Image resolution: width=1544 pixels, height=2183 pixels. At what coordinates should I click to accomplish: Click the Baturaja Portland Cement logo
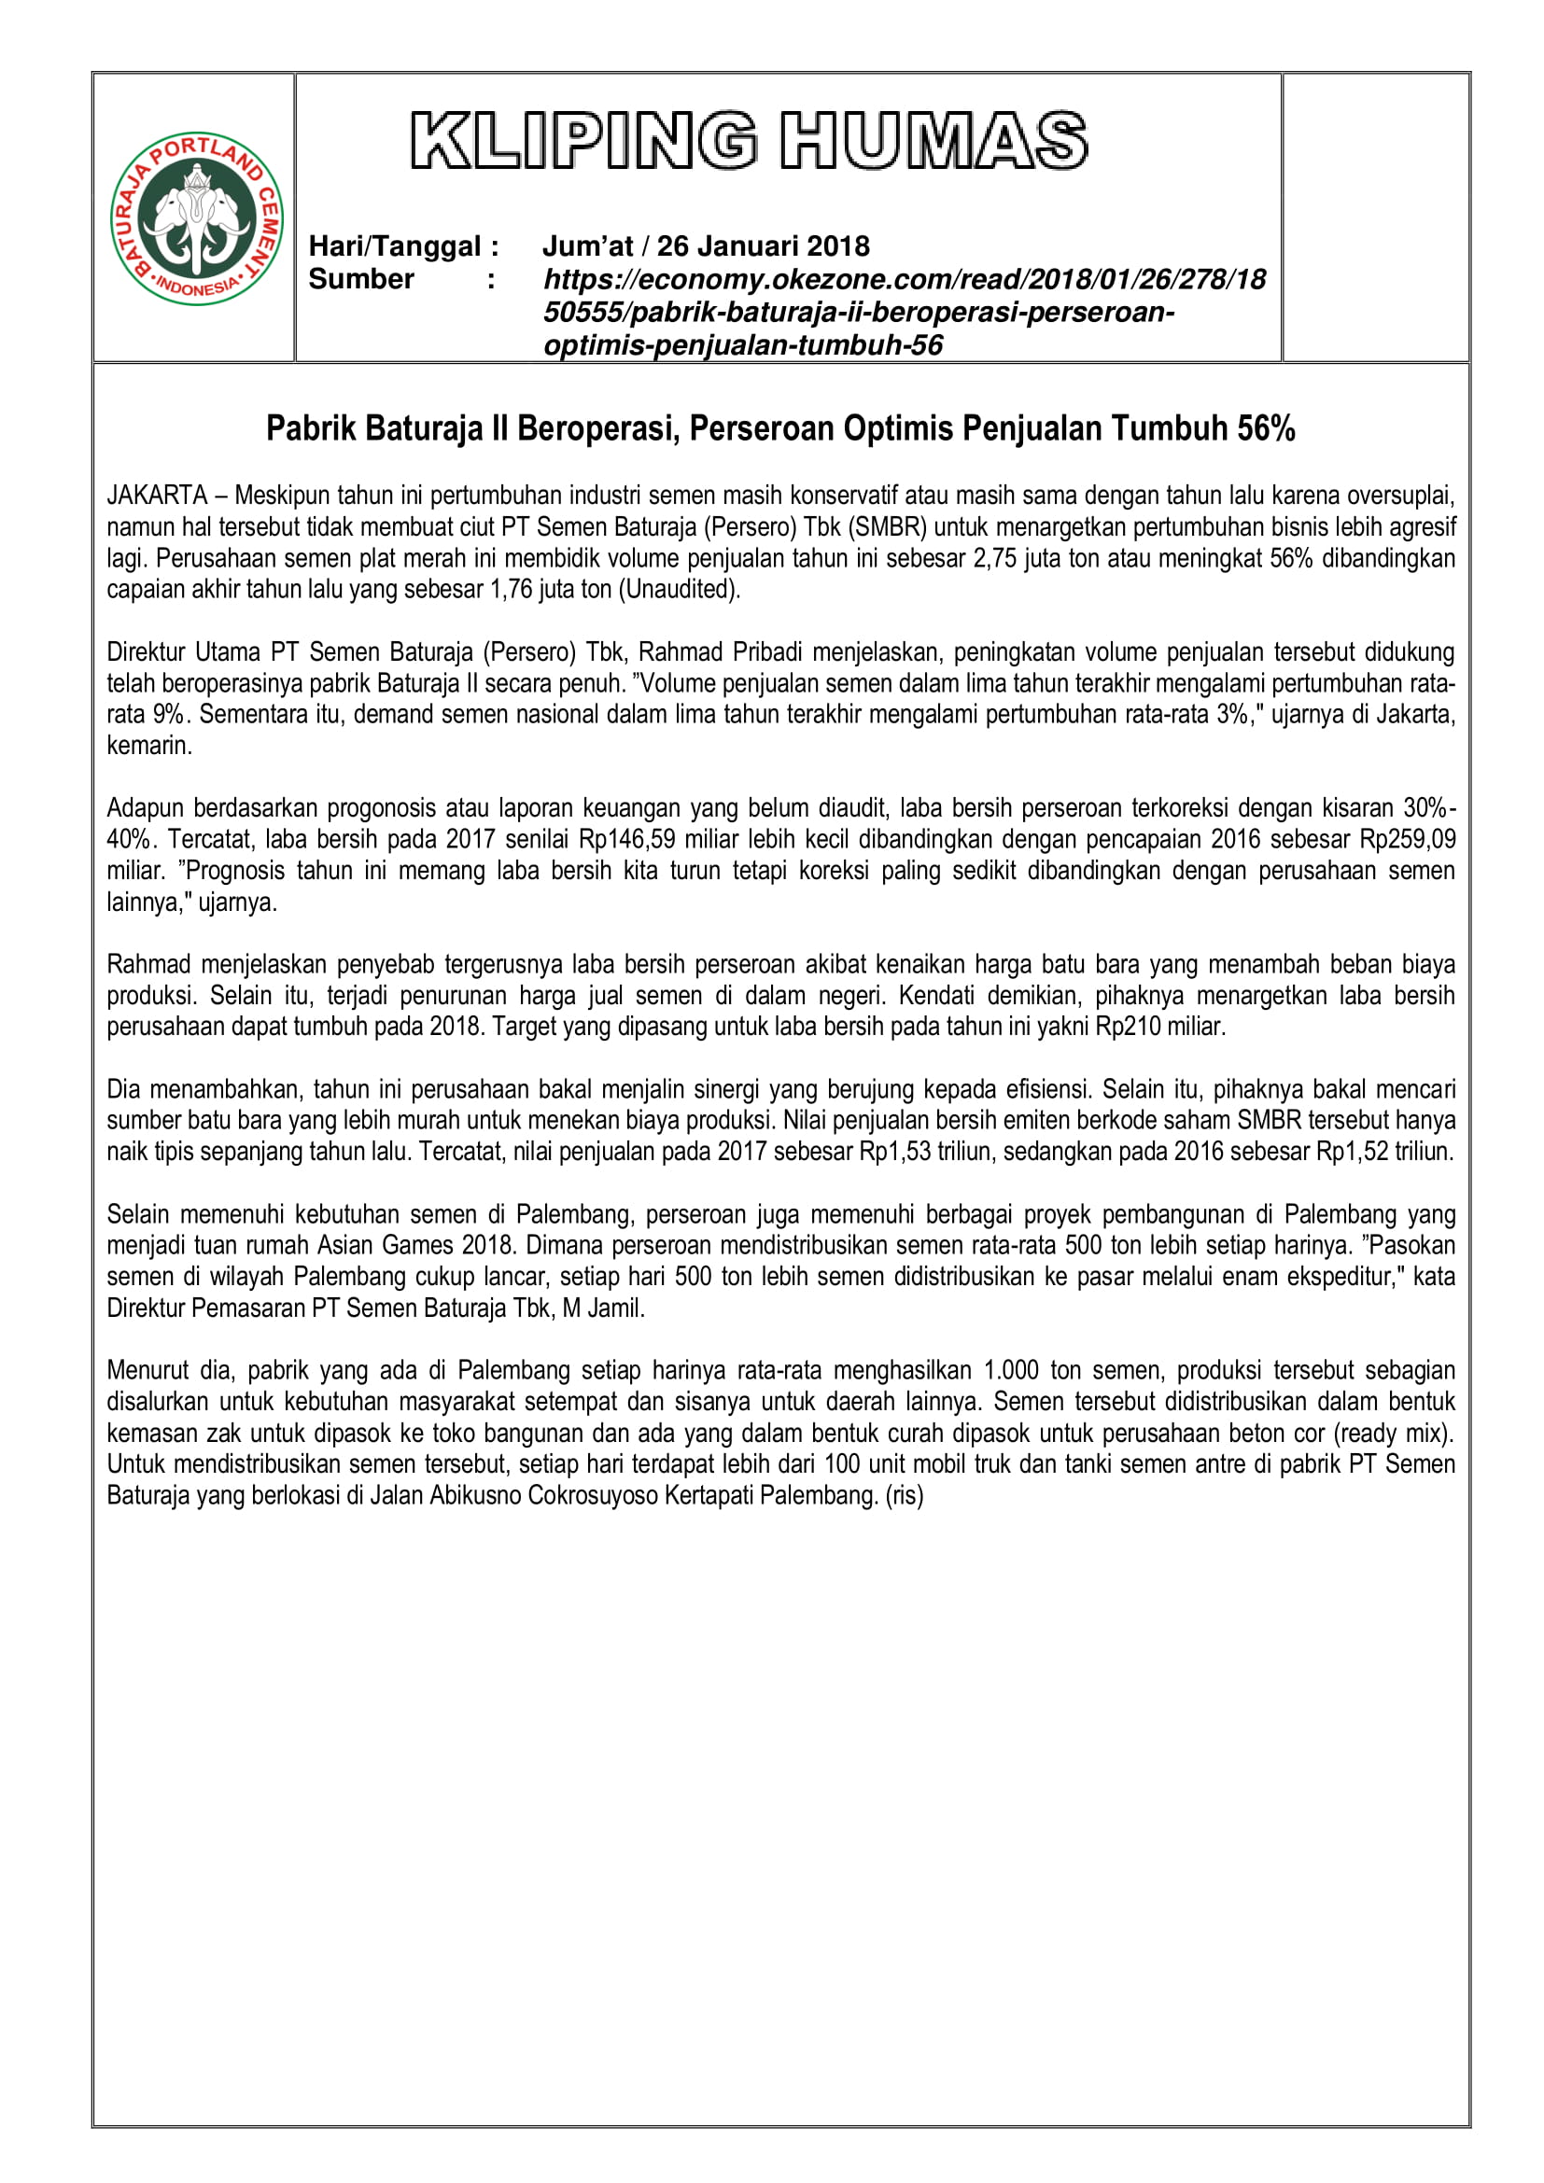197,218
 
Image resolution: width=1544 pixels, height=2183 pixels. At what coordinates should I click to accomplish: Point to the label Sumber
361,280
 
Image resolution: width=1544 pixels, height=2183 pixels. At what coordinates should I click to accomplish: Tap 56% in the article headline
1266,428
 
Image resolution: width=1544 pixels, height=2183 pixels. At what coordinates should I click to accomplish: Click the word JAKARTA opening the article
157,496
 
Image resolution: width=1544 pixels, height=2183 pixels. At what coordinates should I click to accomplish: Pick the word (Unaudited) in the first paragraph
679,590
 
